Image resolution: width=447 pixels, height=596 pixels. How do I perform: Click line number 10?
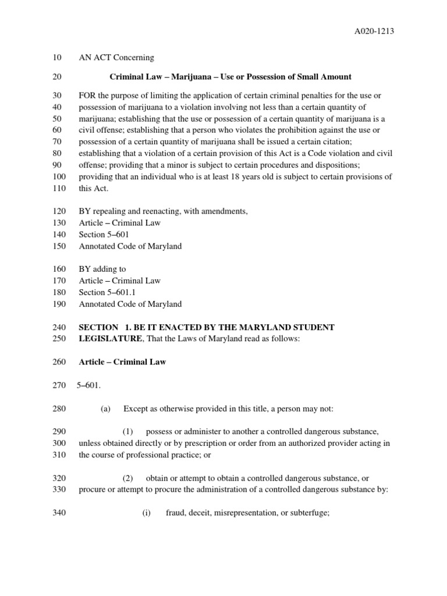56,58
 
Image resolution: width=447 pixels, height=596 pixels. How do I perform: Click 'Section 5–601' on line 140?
104,235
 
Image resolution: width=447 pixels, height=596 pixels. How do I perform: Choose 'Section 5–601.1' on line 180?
107,292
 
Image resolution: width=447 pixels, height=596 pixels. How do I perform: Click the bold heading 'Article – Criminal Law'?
122,362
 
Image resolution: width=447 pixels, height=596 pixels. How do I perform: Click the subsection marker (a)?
105,409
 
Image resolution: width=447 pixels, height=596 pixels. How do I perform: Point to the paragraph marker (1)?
128,431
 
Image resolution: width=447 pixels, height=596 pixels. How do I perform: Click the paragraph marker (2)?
128,478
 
